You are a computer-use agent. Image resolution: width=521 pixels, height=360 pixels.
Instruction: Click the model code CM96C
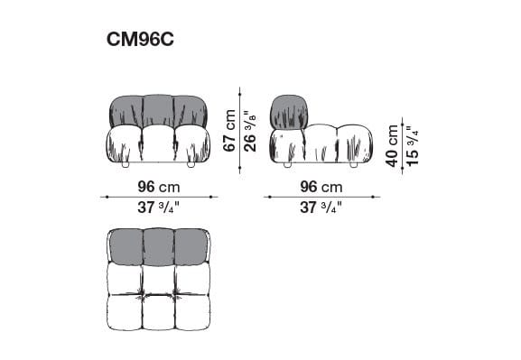point(145,42)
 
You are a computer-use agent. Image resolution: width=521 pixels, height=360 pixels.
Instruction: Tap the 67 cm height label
point(229,131)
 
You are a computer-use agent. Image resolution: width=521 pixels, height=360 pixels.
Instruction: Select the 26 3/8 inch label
point(248,131)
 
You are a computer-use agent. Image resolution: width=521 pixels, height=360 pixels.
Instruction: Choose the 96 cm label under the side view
point(321,188)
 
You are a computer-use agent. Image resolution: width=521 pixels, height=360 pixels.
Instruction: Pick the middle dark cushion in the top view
point(157,245)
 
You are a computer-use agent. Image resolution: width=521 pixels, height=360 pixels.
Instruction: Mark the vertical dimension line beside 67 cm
point(239,131)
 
